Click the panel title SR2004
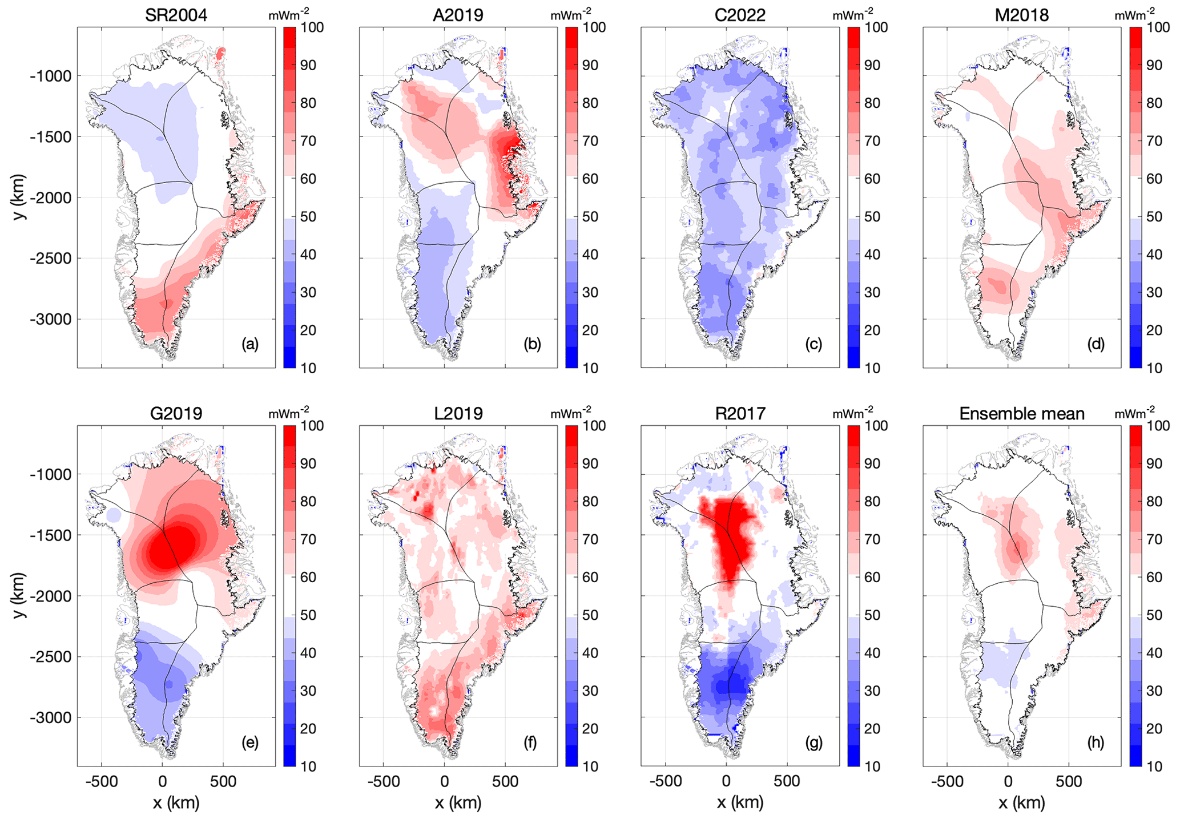tap(176, 15)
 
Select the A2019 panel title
tap(458, 15)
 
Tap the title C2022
tap(740, 15)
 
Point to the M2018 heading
tap(1022, 15)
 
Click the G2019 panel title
tap(176, 413)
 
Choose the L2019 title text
tap(458, 413)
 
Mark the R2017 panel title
tap(740, 413)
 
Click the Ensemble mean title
tap(1022, 413)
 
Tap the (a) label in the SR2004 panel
tap(249, 344)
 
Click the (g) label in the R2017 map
tap(813, 743)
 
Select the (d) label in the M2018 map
tap(1095, 344)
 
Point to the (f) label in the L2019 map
tap(531, 743)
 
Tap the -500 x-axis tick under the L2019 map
tap(383, 781)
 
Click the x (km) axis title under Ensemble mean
tap(1022, 803)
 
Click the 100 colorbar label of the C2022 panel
tap(876, 27)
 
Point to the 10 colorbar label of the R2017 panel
tap(872, 766)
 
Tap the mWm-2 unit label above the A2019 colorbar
tap(571, 14)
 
